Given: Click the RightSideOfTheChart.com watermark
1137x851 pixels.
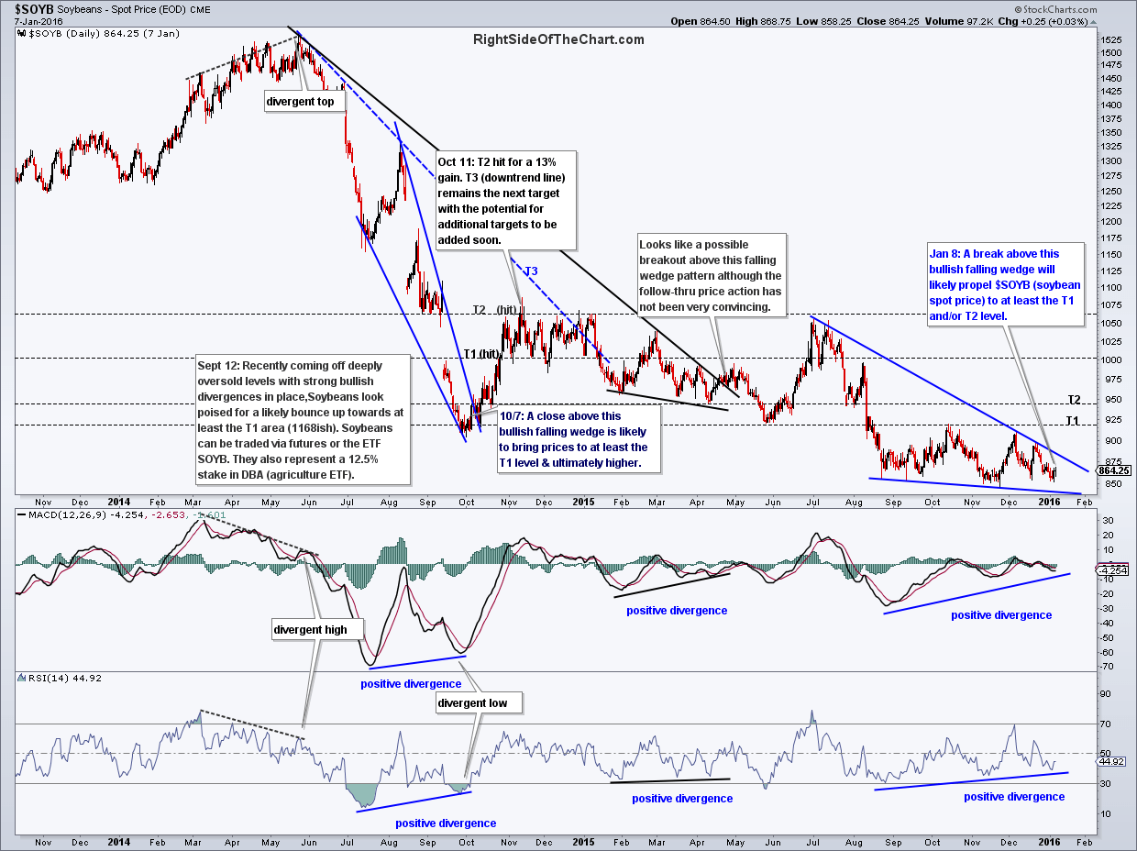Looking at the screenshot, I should [x=558, y=39].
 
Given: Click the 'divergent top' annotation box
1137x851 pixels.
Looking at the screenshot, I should [x=300, y=102].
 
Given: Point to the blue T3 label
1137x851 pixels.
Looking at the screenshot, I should [x=531, y=271].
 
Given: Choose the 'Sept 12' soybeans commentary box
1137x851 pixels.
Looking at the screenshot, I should [x=303, y=420].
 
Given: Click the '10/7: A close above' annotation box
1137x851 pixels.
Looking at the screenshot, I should [x=573, y=439].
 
